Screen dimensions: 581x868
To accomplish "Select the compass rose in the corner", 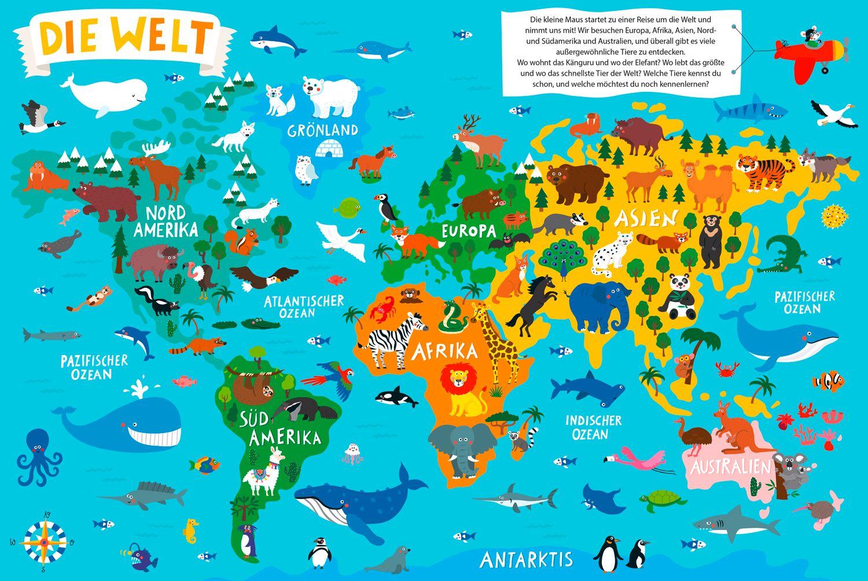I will pyautogui.click(x=44, y=536).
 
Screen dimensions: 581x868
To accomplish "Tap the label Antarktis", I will pyautogui.click(x=526, y=559).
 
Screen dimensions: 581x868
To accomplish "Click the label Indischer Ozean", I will pyautogui.click(x=585, y=427).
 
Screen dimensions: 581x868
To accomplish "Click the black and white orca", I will pyautogui.click(x=395, y=397).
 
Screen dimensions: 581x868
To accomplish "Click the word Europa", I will pyautogui.click(x=469, y=231).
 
